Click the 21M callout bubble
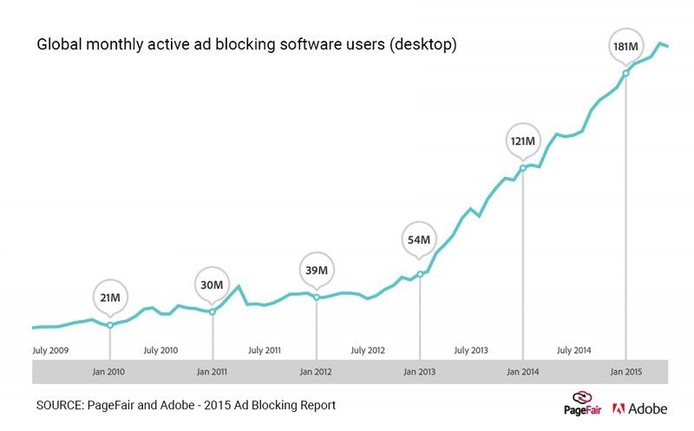(109, 298)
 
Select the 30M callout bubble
(213, 285)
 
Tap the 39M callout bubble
(316, 271)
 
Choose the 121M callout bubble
(522, 140)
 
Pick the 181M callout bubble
(625, 47)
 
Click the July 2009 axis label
(50, 350)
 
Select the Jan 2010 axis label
(109, 372)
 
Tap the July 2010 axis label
(160, 350)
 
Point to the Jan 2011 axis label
(213, 372)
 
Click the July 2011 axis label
(265, 350)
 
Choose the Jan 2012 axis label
(316, 372)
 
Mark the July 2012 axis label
(368, 350)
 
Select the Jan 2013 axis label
(419, 372)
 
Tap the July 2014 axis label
(574, 350)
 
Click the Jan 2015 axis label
(625, 372)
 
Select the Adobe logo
(640, 408)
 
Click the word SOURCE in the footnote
(62, 406)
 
